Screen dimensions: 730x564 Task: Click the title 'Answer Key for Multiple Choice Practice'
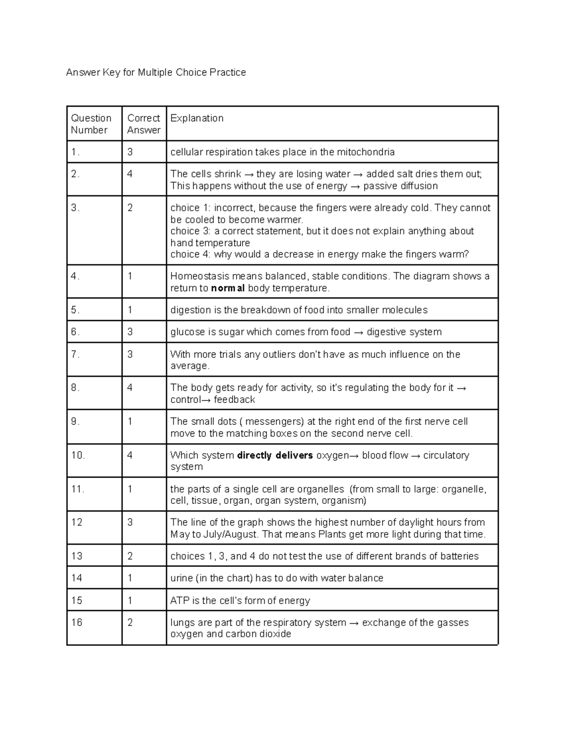coord(156,72)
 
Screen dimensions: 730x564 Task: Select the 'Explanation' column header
coord(196,118)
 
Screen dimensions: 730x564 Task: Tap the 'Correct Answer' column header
coord(143,124)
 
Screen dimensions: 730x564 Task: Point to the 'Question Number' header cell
coord(91,124)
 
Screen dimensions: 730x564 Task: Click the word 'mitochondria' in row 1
coord(365,152)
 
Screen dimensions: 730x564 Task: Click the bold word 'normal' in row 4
coord(227,288)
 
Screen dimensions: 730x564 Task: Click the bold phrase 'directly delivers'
coord(275,455)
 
